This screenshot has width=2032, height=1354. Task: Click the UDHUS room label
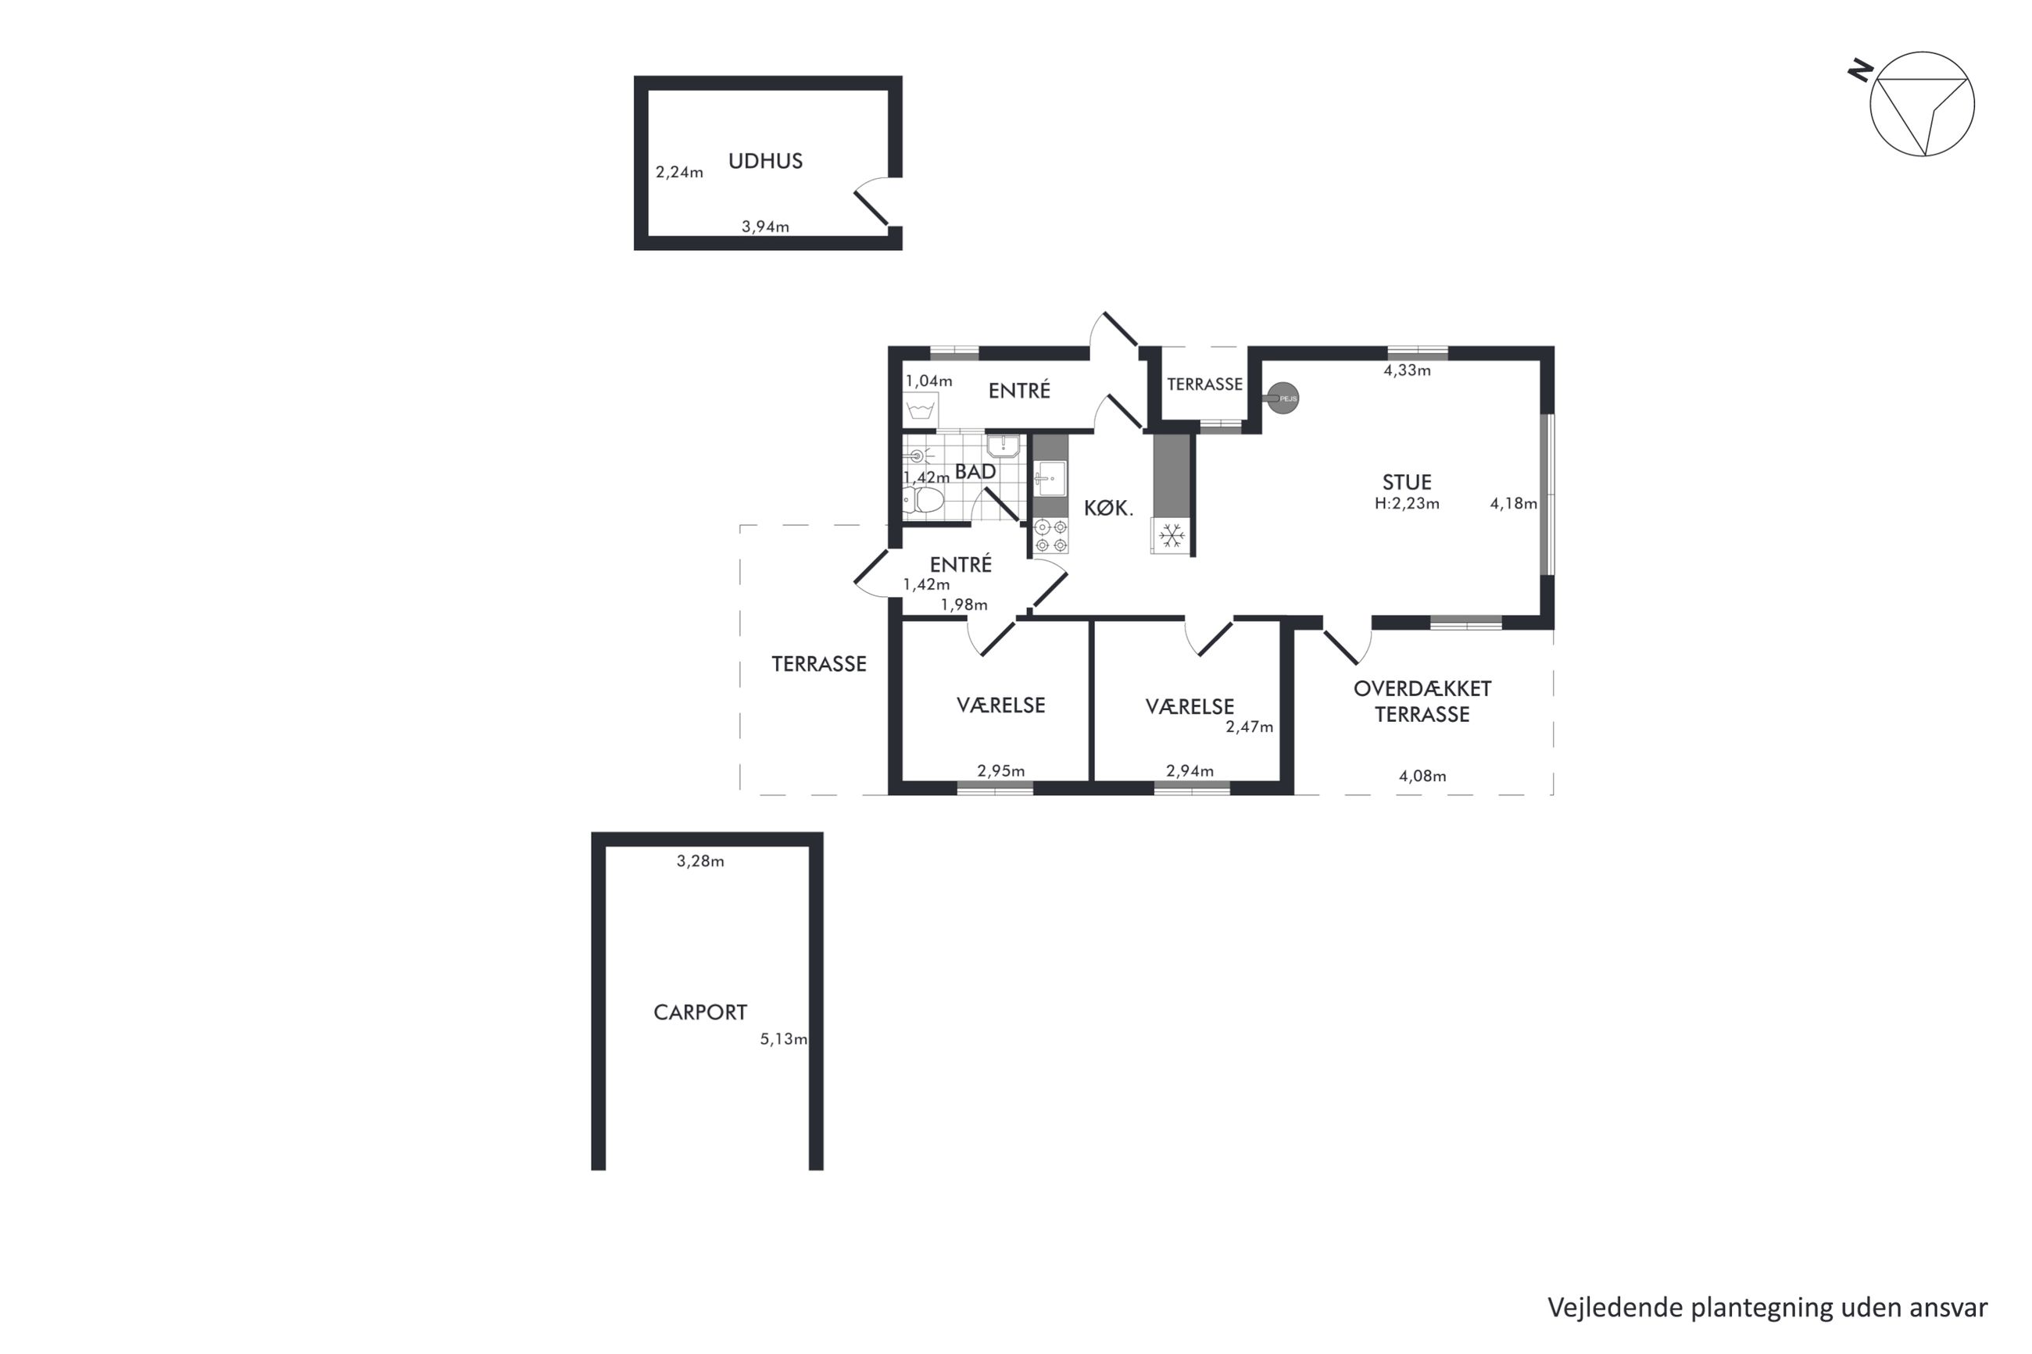[765, 162]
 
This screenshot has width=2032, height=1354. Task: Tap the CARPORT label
[699, 1012]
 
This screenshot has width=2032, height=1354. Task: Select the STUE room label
[1407, 482]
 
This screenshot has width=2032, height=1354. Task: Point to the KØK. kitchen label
[1108, 509]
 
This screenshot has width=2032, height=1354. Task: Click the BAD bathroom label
[975, 471]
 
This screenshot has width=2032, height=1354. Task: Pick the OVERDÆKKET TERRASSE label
[1422, 701]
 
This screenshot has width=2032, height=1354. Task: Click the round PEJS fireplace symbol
[1283, 398]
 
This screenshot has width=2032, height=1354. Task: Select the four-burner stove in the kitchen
[1051, 535]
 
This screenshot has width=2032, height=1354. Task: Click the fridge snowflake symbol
[1171, 536]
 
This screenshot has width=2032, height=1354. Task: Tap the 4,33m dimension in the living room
[1407, 370]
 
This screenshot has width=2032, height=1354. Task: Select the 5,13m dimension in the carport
[783, 1039]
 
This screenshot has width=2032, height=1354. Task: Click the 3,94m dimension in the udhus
[765, 227]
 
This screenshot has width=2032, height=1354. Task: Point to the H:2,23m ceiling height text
[1407, 503]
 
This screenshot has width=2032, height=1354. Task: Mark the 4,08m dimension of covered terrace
[1422, 777]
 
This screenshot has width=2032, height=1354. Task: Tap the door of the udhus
[872, 208]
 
